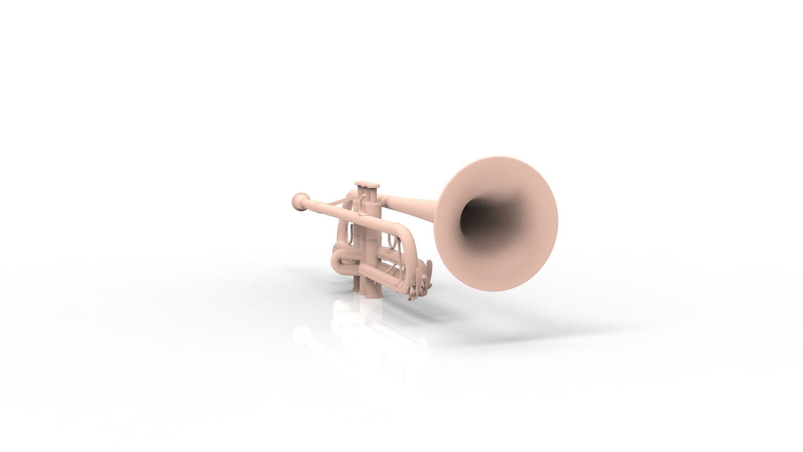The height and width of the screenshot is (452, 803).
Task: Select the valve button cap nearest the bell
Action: [x=373, y=186]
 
